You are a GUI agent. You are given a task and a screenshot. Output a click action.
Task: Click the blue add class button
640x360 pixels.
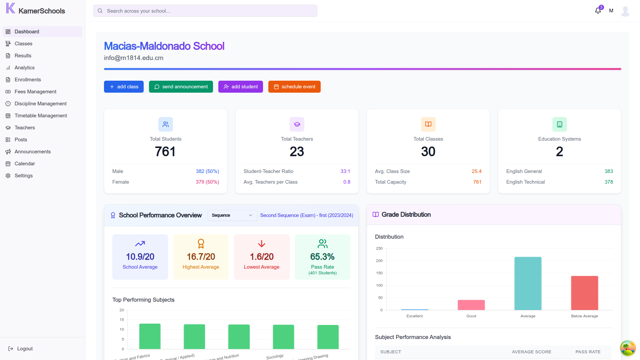(124, 87)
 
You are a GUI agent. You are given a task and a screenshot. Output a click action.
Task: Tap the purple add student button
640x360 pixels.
(240, 87)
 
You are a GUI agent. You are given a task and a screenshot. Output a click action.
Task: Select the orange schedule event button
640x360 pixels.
(294, 87)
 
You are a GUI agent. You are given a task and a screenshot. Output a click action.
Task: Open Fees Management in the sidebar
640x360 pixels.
(35, 92)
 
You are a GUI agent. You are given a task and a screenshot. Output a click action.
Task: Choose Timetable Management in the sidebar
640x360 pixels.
(41, 116)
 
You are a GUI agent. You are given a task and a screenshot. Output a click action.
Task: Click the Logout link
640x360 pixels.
(25, 349)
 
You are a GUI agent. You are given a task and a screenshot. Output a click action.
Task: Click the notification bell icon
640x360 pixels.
(598, 11)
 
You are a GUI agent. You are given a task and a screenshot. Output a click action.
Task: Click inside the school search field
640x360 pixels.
(205, 11)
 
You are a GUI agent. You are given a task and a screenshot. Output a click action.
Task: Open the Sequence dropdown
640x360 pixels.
(232, 215)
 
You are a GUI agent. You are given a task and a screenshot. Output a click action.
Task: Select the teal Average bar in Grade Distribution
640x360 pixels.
(528, 283)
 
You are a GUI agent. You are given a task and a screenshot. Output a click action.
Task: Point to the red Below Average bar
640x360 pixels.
(584, 293)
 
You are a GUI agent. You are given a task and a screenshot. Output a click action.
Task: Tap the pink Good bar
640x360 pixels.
(471, 305)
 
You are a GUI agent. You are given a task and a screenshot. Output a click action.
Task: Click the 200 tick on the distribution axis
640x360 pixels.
(379, 261)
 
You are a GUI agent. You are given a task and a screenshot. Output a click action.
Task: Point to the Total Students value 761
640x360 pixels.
(165, 152)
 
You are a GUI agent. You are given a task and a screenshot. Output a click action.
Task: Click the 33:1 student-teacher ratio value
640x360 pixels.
(345, 171)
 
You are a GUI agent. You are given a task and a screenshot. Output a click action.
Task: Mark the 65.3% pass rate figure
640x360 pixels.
(322, 257)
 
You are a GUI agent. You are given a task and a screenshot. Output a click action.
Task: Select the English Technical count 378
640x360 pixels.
(609, 182)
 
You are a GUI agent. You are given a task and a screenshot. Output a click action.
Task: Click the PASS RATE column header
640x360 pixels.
(588, 352)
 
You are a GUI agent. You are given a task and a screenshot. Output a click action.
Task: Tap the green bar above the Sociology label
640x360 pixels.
(283, 337)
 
